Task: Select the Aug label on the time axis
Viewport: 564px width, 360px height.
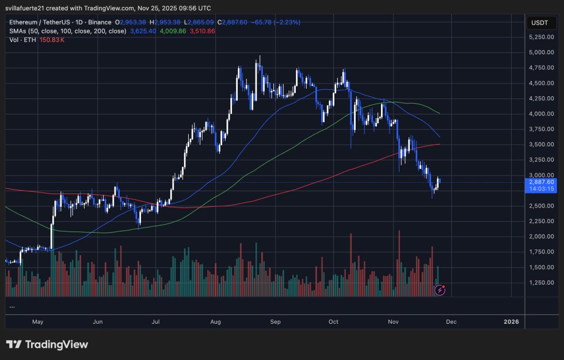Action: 216,322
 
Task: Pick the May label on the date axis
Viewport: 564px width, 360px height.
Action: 38,322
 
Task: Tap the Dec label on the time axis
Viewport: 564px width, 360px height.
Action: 451,322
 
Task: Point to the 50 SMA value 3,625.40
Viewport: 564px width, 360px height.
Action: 144,31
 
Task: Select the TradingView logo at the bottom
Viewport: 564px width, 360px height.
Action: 47,344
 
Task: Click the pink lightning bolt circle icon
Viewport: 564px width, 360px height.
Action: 440,290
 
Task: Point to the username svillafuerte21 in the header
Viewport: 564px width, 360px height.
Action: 30,8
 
